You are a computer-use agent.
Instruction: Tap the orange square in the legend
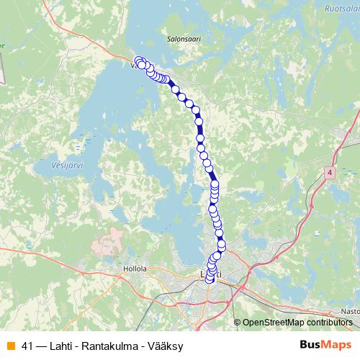point(10,346)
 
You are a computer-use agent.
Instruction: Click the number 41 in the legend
point(28,346)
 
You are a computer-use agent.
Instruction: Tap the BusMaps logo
point(325,345)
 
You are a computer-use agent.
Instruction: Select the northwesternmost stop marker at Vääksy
point(138,60)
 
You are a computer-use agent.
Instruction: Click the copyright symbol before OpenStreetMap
point(237,322)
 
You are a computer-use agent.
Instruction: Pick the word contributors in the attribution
point(333,322)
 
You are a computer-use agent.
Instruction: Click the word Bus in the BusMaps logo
point(310,345)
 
